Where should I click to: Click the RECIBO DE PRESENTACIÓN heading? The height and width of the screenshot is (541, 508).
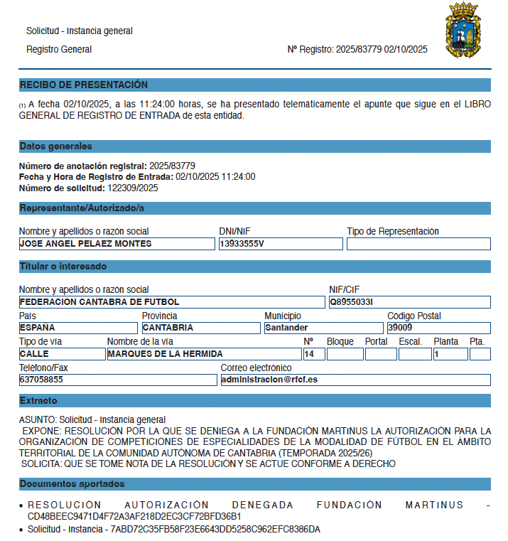[84, 85]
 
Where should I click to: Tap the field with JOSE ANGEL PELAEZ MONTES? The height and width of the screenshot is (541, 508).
[117, 244]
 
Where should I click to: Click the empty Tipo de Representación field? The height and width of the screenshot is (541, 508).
[418, 244]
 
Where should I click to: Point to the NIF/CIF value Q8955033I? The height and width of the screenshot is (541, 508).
[409, 302]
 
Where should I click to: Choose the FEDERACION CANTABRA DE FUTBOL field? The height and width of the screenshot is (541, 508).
[171, 302]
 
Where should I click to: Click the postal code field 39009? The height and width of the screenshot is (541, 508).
[438, 328]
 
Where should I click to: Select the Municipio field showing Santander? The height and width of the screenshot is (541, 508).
[323, 328]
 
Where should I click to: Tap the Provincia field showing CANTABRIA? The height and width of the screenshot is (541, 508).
[200, 328]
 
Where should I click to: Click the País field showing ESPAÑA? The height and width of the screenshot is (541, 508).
[77, 328]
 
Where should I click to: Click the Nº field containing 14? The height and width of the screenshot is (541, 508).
[312, 354]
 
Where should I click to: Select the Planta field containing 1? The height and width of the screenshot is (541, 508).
[450, 354]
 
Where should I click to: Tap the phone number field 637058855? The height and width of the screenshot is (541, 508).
[117, 380]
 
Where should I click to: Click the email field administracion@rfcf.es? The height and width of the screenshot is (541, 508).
[355, 380]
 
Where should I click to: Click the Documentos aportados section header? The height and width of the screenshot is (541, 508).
[72, 484]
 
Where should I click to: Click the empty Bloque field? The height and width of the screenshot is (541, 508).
[345, 354]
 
